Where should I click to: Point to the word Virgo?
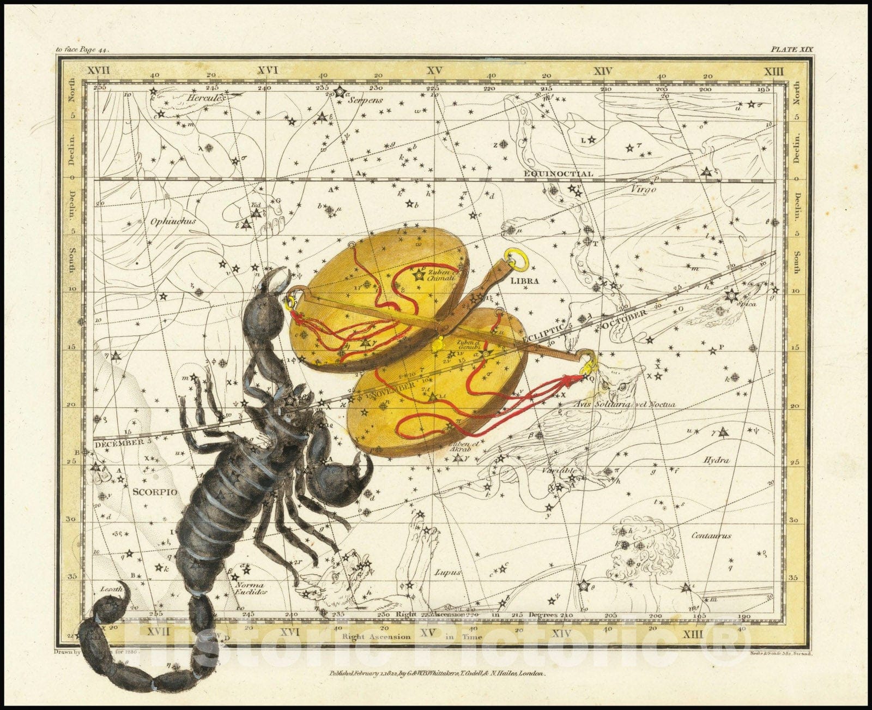(644, 190)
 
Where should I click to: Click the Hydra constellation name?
(717, 460)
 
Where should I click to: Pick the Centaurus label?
(711, 535)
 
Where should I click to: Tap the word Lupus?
(447, 573)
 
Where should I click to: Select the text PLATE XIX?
(791, 49)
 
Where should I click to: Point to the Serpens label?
(366, 100)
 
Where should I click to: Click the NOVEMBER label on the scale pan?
(391, 387)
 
